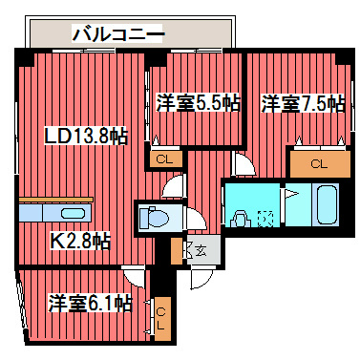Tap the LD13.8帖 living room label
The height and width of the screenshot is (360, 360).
86,137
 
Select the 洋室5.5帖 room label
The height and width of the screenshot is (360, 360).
198,103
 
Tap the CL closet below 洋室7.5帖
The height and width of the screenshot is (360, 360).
319,162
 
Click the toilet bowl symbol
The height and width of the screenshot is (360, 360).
153,218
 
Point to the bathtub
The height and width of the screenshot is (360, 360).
327,204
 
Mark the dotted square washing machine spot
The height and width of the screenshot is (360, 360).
266,219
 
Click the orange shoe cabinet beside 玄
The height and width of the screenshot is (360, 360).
177,251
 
